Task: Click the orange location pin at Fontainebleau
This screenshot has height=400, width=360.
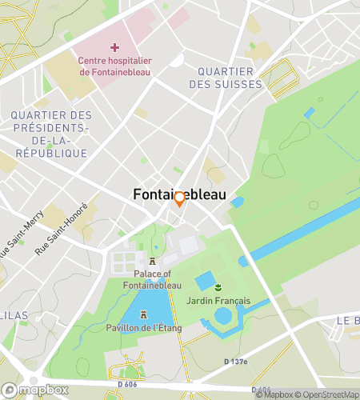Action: click(179, 200)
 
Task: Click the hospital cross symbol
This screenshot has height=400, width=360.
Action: click(115, 48)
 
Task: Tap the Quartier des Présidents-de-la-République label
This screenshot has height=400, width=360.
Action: click(51, 134)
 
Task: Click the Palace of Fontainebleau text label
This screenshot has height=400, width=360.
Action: click(152, 278)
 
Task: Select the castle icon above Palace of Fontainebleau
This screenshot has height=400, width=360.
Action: click(153, 261)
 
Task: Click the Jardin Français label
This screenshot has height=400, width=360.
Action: click(218, 301)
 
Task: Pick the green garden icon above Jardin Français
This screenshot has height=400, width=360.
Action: click(218, 286)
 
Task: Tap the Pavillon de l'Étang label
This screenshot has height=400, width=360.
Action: click(144, 328)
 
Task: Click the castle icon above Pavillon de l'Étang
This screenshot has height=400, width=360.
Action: click(144, 314)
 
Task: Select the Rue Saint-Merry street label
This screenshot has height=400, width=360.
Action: click(14, 240)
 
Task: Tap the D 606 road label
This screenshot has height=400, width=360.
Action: click(126, 385)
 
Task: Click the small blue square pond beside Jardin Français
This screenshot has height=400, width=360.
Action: click(204, 281)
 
